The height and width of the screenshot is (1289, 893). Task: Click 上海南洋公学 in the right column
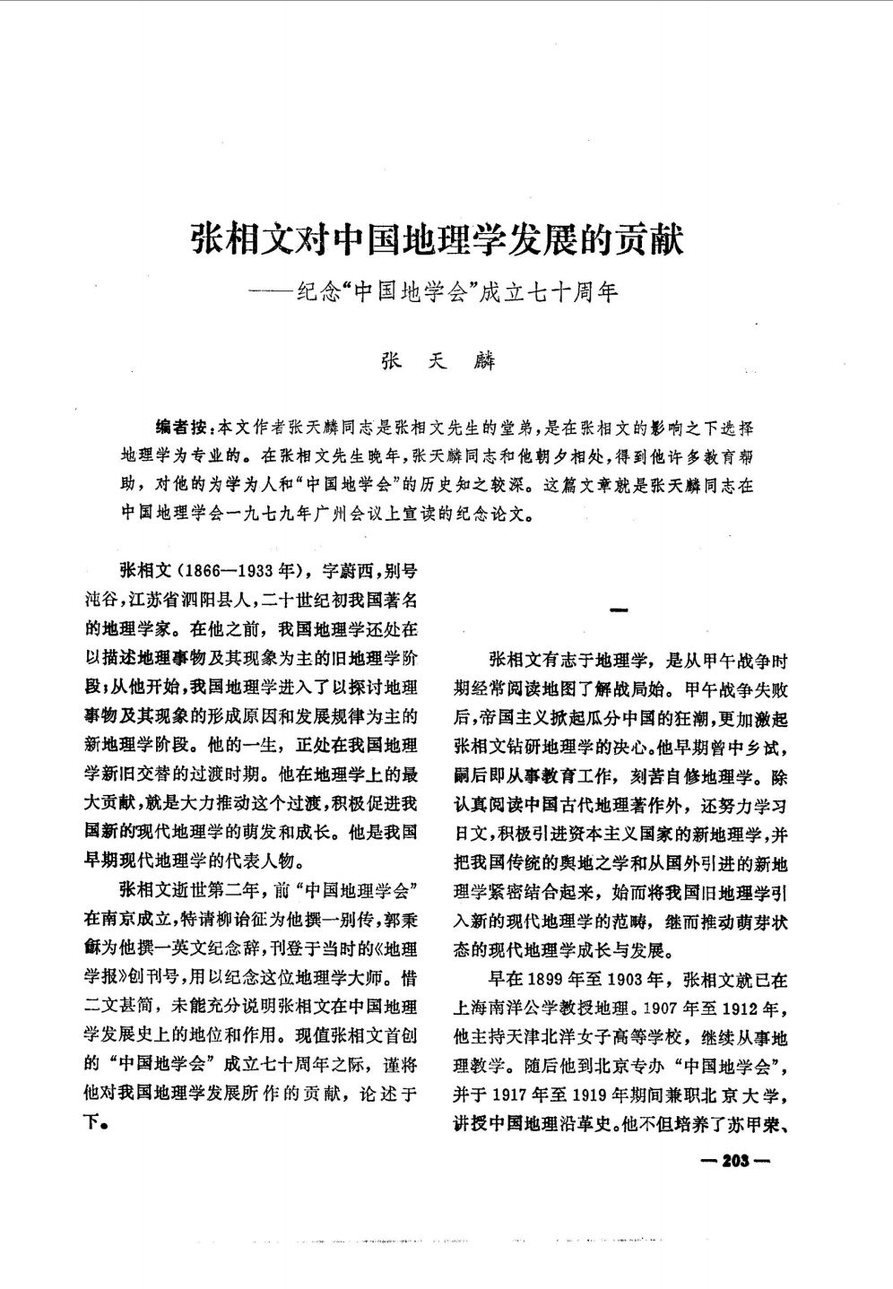507,1008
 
